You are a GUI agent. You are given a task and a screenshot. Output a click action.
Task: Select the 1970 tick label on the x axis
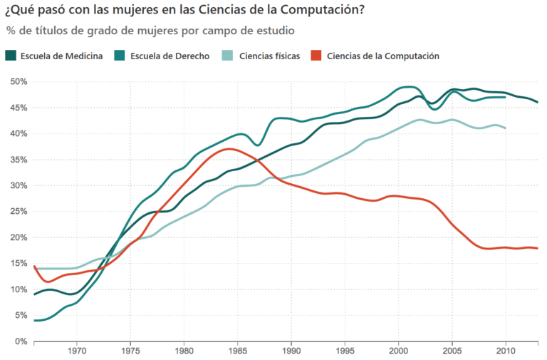point(77,351)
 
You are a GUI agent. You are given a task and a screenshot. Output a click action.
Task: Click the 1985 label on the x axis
point(238,351)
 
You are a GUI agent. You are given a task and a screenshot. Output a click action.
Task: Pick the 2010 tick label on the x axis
point(506,351)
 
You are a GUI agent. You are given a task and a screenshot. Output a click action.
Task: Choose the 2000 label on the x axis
point(398,351)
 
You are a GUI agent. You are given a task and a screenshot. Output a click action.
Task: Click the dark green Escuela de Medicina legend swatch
point(11,56)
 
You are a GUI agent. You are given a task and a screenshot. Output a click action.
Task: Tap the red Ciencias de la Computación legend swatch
point(317,56)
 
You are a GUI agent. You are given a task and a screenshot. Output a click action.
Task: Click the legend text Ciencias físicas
point(269,56)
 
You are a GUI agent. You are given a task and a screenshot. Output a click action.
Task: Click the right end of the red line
point(538,248)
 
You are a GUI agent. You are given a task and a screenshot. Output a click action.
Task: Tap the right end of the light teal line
point(506,128)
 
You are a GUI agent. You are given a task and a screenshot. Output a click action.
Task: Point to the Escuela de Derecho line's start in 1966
point(34,321)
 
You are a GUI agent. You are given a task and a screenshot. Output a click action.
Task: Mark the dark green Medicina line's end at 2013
point(538,103)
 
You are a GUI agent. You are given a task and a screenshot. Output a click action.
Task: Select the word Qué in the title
point(24,10)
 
